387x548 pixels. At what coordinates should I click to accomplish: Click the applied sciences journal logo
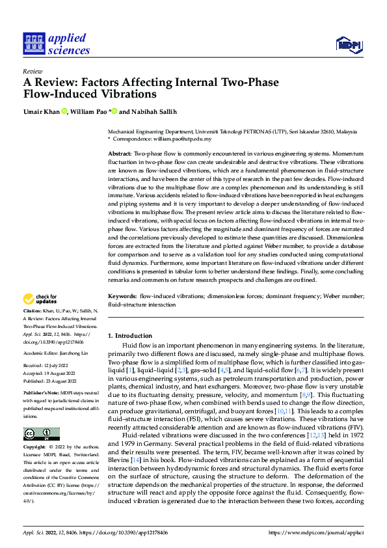tap(56, 44)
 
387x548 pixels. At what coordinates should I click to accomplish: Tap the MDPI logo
tap(348, 44)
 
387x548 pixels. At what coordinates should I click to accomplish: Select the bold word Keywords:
tap(122, 296)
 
